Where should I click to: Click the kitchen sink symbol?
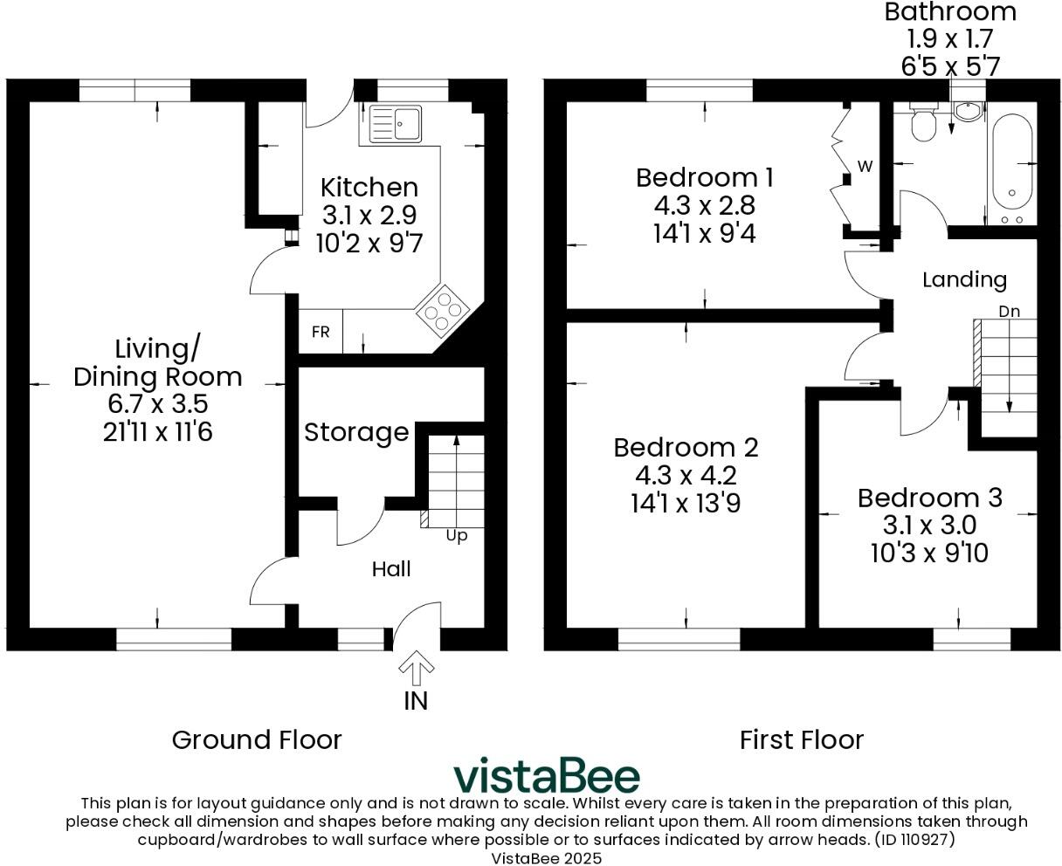click(396, 123)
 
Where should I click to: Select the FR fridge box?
click(321, 333)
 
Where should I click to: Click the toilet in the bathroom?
click(922, 124)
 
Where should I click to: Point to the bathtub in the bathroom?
click(1011, 162)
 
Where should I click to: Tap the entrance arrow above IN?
click(416, 669)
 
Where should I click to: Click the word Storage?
click(356, 432)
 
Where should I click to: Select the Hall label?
click(390, 569)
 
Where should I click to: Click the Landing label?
click(964, 279)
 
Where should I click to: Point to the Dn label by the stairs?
click(1009, 311)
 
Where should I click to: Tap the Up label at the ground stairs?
click(456, 536)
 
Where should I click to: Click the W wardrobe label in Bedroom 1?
click(865, 166)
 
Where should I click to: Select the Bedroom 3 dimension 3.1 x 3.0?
click(929, 526)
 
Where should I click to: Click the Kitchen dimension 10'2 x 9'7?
click(369, 243)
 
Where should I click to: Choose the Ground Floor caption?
click(256, 739)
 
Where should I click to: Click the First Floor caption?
click(801, 739)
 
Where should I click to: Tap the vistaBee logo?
click(546, 775)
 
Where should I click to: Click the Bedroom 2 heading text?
click(686, 447)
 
